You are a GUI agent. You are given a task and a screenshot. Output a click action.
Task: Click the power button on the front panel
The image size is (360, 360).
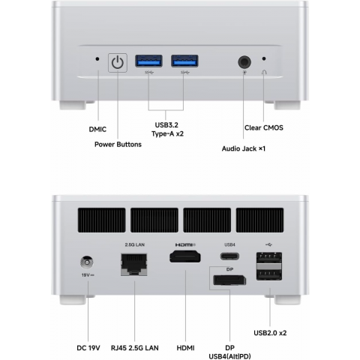(x=118, y=63)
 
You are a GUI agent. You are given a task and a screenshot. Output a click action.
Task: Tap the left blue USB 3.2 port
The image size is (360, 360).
(x=148, y=61)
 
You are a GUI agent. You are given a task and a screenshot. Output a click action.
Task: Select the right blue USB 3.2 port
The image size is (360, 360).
(x=184, y=61)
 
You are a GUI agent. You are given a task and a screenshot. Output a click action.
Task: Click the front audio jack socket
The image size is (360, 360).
(x=244, y=62)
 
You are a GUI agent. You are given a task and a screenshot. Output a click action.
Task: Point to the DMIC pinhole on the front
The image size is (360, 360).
(x=97, y=59)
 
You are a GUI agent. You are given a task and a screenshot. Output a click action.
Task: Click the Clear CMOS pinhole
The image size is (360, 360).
(x=264, y=58)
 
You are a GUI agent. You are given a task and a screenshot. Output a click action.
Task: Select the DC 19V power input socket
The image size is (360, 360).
(x=87, y=262)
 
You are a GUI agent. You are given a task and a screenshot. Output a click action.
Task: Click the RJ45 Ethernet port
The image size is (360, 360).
(x=134, y=265)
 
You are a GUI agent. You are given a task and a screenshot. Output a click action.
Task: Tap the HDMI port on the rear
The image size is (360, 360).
(x=185, y=257)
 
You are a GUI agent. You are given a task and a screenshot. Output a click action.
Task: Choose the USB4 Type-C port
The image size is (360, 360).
(x=229, y=256)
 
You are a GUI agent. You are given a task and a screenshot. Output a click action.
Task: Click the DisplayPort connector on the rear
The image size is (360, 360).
(x=229, y=280)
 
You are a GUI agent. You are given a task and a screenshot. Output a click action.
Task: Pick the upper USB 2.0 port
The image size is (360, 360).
(x=269, y=258)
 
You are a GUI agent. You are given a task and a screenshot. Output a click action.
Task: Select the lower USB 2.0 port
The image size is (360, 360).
(x=269, y=274)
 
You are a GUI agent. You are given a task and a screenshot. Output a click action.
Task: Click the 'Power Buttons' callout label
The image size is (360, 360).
(x=118, y=145)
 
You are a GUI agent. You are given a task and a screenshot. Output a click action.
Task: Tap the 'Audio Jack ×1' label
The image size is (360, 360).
(x=244, y=148)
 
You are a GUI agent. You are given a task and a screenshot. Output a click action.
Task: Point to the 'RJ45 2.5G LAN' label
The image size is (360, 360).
(x=135, y=348)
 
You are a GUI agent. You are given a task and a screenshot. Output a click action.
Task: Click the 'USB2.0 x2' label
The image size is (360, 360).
(x=270, y=333)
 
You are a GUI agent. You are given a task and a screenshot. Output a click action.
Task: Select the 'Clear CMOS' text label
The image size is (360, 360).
(x=264, y=127)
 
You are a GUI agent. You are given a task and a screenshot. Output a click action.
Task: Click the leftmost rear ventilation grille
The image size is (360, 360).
(x=101, y=220)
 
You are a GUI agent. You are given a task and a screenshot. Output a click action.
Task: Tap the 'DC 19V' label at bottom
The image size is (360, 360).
(x=88, y=348)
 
